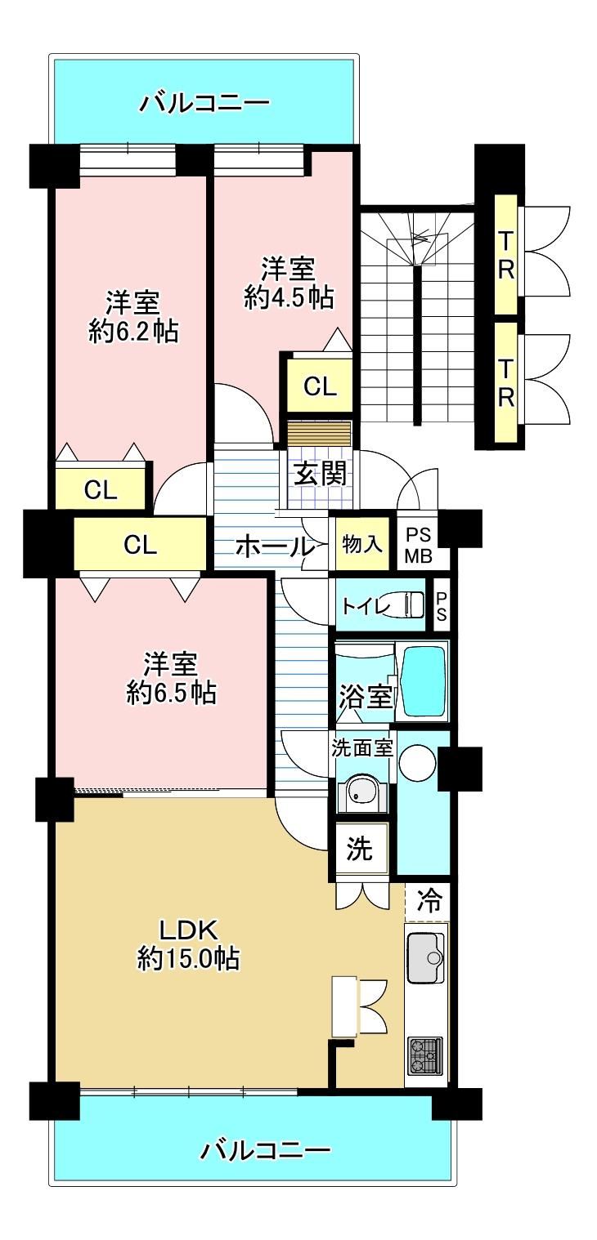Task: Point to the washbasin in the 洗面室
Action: pyautogui.click(x=361, y=792)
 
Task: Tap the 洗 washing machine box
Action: pyautogui.click(x=360, y=848)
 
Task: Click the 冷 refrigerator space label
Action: pyautogui.click(x=429, y=899)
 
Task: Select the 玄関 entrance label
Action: pyautogui.click(x=320, y=474)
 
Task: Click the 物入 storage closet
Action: pyautogui.click(x=362, y=543)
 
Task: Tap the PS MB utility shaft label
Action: pyautogui.click(x=419, y=546)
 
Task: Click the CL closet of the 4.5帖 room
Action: pyautogui.click(x=320, y=386)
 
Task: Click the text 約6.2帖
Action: pyautogui.click(x=133, y=332)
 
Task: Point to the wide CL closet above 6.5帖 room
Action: pyautogui.click(x=141, y=545)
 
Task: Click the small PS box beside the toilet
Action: pyautogui.click(x=442, y=606)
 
